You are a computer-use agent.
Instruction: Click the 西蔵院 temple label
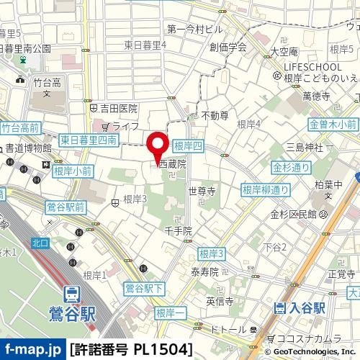point(172,165)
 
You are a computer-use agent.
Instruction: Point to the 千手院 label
point(178,231)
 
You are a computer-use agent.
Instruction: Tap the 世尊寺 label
point(202,192)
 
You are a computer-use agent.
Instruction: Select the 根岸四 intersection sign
point(189,145)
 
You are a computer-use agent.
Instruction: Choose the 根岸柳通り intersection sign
point(266,190)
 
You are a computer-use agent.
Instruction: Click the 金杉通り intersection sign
point(291,168)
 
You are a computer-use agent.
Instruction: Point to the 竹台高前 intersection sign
point(19,127)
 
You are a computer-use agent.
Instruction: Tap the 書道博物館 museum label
point(29,148)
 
